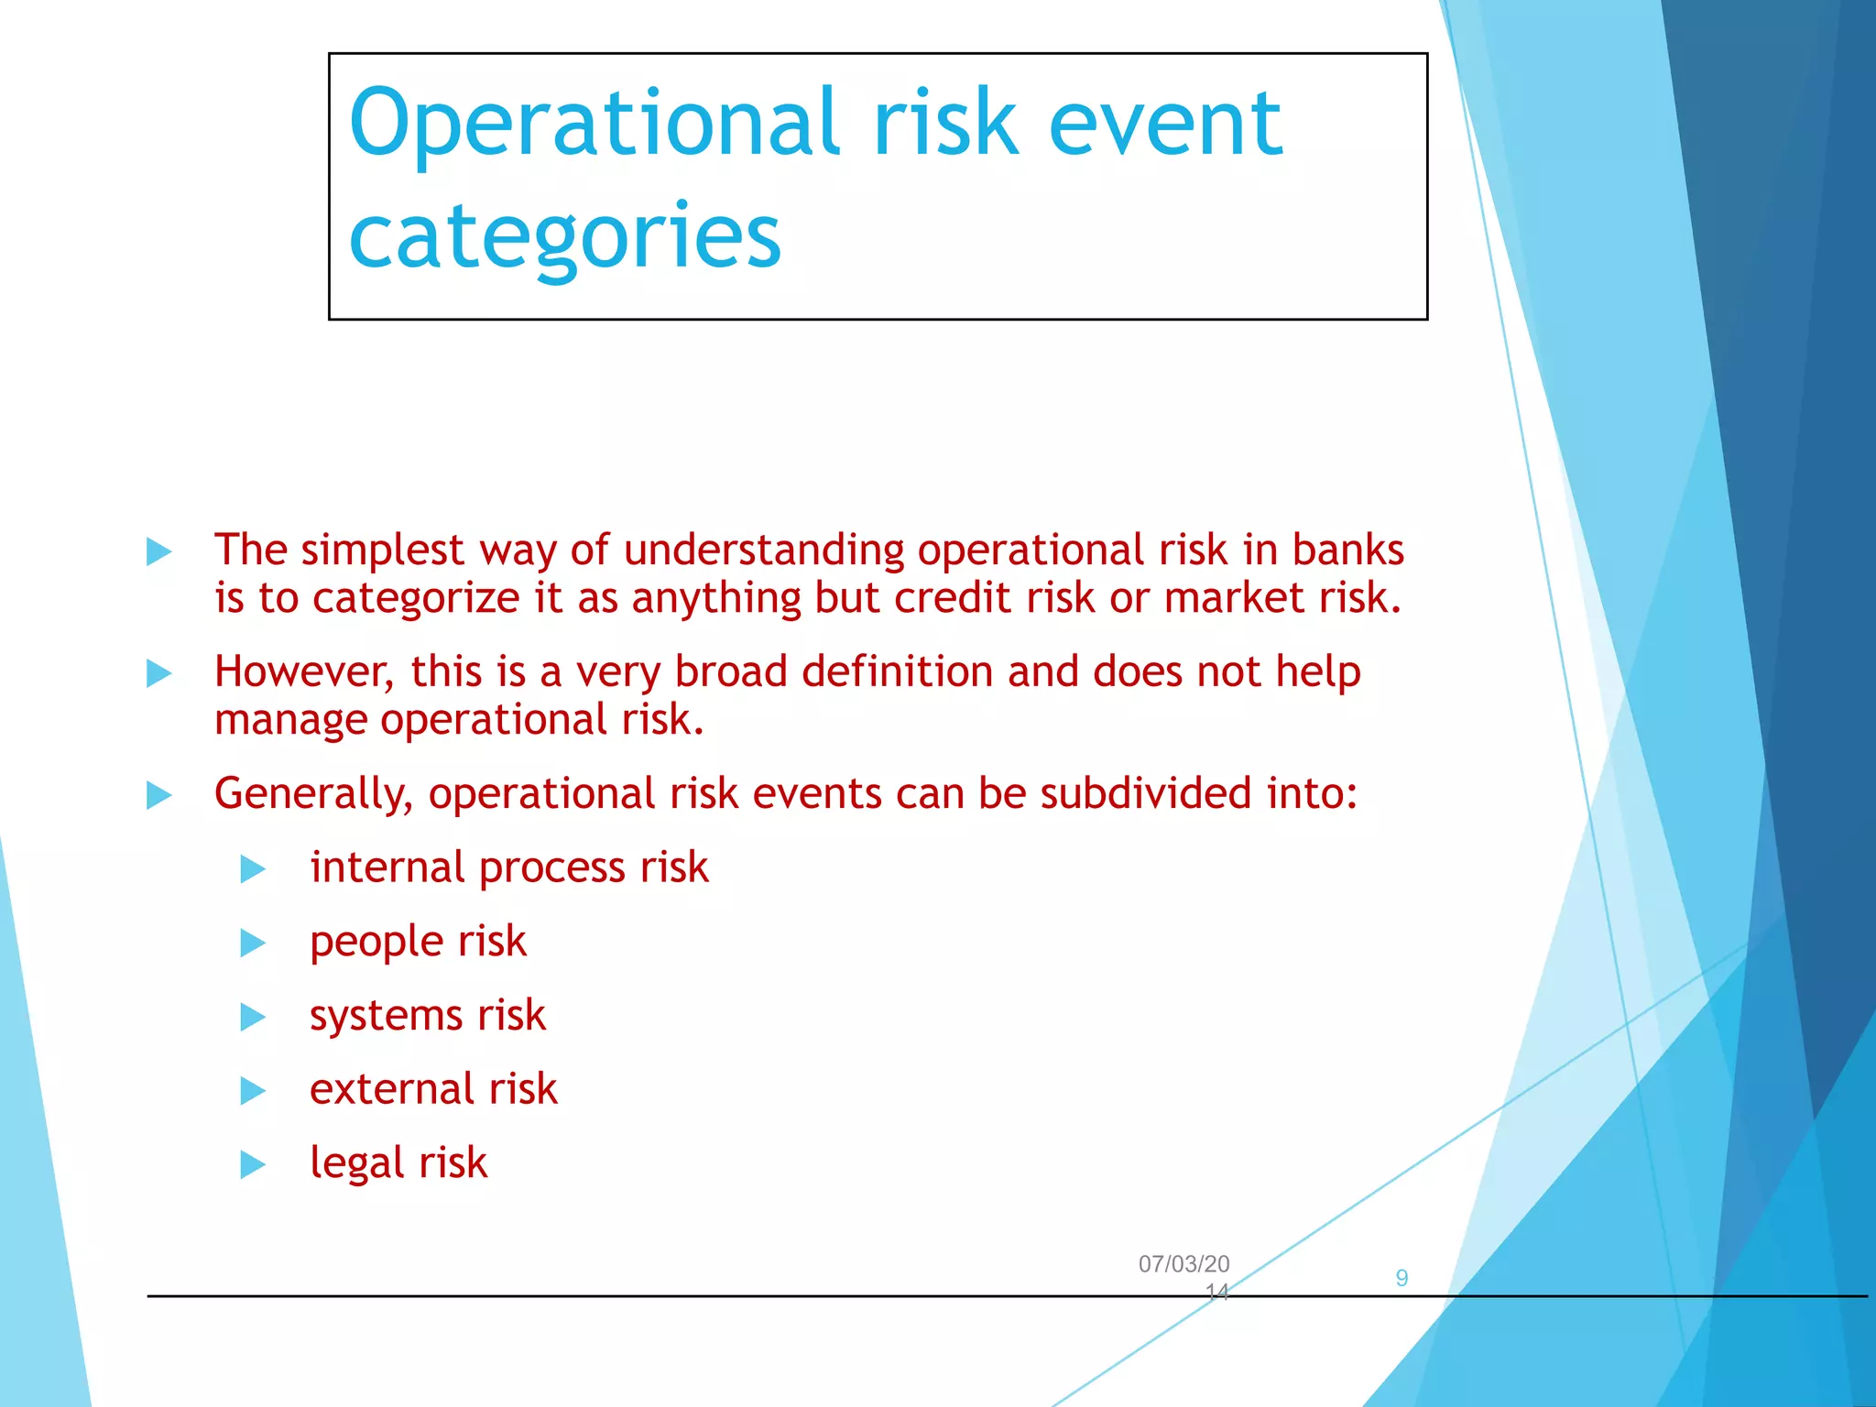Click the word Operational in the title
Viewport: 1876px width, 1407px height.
click(x=594, y=124)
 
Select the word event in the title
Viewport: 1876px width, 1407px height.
click(x=1164, y=124)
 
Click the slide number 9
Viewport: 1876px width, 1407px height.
click(x=1402, y=1278)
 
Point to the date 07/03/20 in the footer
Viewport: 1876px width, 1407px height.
click(x=1183, y=1264)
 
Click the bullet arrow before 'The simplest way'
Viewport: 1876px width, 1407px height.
click(x=159, y=552)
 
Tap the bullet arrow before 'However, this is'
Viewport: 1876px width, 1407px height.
click(x=159, y=674)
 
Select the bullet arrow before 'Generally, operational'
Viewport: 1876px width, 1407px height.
click(x=159, y=795)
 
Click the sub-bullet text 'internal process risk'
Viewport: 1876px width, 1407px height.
click(x=508, y=867)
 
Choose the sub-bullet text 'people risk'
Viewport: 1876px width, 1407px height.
click(x=418, y=942)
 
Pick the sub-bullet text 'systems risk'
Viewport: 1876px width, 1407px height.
click(x=427, y=1015)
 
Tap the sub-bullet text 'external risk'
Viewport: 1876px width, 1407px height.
click(x=433, y=1089)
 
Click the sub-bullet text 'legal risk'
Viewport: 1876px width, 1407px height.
click(x=398, y=1163)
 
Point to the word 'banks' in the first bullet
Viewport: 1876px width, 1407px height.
click(x=1347, y=551)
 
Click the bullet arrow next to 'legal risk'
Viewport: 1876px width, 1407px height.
click(x=253, y=1165)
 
